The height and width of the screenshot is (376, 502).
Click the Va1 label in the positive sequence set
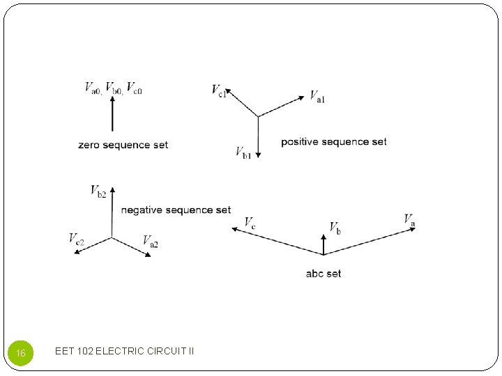pyautogui.click(x=317, y=97)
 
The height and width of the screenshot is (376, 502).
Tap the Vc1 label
pyautogui.click(x=219, y=91)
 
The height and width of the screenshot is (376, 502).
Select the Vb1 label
pyautogui.click(x=243, y=152)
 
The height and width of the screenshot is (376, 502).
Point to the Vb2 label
pyautogui.click(x=98, y=191)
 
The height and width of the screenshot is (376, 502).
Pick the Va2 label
pyautogui.click(x=151, y=241)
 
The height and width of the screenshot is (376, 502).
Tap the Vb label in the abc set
pyautogui.click(x=335, y=228)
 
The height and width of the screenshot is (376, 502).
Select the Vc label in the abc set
pyautogui.click(x=250, y=223)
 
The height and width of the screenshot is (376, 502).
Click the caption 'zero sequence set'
pyautogui.click(x=123, y=145)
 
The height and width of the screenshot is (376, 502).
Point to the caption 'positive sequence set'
pyautogui.click(x=334, y=142)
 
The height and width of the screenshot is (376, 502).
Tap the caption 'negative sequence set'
pyautogui.click(x=176, y=210)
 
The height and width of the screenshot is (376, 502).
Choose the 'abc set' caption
pyautogui.click(x=324, y=274)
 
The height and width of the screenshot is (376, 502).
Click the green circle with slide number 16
pyautogui.click(x=20, y=354)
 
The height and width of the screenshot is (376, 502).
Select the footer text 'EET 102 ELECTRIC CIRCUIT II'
pyautogui.click(x=124, y=351)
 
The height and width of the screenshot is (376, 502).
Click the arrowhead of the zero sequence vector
pyautogui.click(x=112, y=100)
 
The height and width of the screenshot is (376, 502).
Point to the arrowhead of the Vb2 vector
pyautogui.click(x=112, y=189)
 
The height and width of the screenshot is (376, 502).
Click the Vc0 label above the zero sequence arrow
pyautogui.click(x=134, y=88)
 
